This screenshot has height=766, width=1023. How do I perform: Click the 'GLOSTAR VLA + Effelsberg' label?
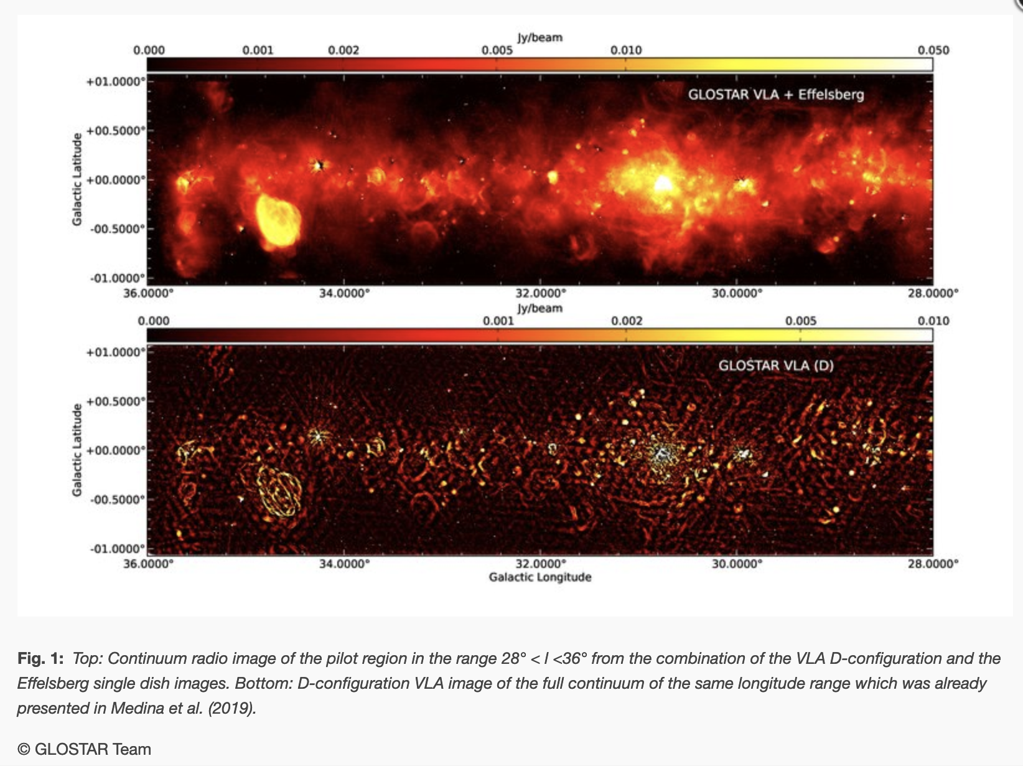point(775,95)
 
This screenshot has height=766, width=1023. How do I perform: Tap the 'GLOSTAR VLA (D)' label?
point(775,366)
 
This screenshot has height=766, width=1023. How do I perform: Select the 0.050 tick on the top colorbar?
point(933,50)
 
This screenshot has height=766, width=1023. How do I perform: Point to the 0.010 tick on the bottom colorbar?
point(933,321)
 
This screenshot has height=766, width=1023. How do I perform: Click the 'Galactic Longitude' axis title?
point(540,577)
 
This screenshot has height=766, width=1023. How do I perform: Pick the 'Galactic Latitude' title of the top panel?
point(77,179)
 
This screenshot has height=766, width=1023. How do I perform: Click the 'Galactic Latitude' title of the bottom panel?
point(77,450)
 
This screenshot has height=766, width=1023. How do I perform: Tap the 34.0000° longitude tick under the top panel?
point(344,293)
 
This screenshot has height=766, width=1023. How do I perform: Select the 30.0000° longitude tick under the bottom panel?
point(737,564)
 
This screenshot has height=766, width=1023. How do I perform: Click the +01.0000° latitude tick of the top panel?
point(116,82)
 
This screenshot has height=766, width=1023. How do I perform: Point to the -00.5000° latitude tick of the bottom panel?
point(117,499)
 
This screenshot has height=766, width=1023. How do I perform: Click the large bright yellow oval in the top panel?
point(278,220)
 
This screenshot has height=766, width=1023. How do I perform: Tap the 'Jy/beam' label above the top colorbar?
point(540,37)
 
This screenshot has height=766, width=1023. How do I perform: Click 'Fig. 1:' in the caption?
point(40,659)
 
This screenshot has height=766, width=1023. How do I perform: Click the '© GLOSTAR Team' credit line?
point(85,749)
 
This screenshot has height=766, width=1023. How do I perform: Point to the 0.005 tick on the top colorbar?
point(497,50)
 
